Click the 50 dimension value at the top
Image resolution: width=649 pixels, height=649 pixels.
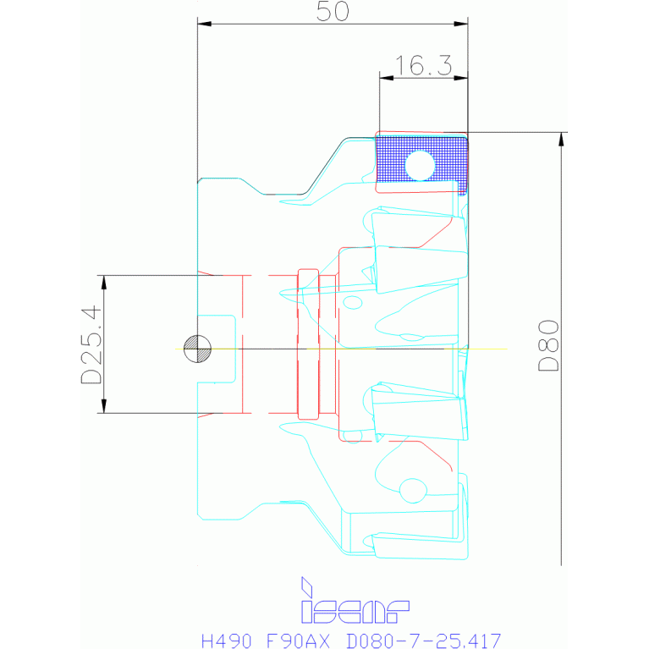pyautogui.click(x=333, y=11)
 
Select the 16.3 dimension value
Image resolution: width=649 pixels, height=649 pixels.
pyautogui.click(x=423, y=65)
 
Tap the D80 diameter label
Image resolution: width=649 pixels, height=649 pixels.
pyautogui.click(x=549, y=345)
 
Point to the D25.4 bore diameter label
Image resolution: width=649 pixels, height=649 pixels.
pyautogui.click(x=91, y=344)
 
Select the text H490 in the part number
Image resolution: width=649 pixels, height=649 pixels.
pyautogui.click(x=227, y=641)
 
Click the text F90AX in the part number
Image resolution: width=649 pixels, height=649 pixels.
pyautogui.click(x=298, y=641)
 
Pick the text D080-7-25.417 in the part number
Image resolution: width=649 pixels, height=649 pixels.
pyautogui.click(x=423, y=641)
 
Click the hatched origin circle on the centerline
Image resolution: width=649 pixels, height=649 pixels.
pyautogui.click(x=197, y=349)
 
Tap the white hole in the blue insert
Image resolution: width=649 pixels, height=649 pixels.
pyautogui.click(x=420, y=166)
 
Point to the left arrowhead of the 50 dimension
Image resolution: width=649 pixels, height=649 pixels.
pyautogui.click(x=205, y=24)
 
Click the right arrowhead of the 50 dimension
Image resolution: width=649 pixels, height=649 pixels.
pyautogui.click(x=460, y=24)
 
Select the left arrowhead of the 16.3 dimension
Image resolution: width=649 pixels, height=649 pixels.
pyautogui.click(x=387, y=77)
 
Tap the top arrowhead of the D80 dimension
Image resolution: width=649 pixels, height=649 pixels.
pyautogui.click(x=561, y=139)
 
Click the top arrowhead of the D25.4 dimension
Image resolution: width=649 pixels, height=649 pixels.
pyautogui.click(x=104, y=283)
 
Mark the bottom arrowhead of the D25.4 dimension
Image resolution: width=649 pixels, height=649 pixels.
pyautogui.click(x=104, y=406)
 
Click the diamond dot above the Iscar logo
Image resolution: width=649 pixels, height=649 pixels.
pyautogui.click(x=306, y=586)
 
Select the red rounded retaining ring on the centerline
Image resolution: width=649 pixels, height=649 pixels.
pyautogui.click(x=308, y=344)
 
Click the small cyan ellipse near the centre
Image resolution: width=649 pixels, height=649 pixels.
pyautogui.click(x=353, y=303)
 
